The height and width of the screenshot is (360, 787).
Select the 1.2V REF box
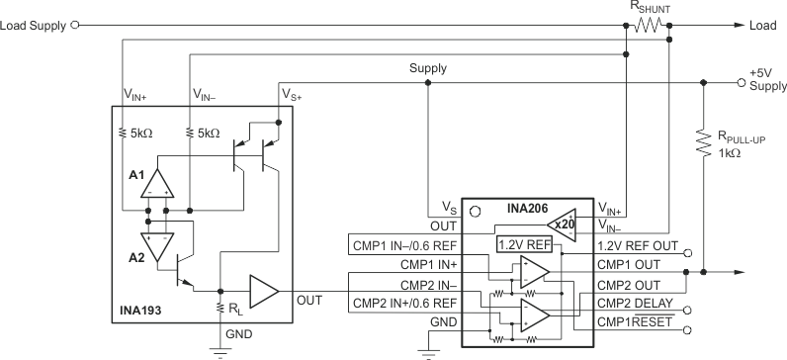coord(524,243)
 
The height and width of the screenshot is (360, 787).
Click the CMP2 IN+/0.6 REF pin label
coord(405,303)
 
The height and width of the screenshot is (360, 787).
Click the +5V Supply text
coord(765,80)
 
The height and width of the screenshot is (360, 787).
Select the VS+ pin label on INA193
coord(293,94)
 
